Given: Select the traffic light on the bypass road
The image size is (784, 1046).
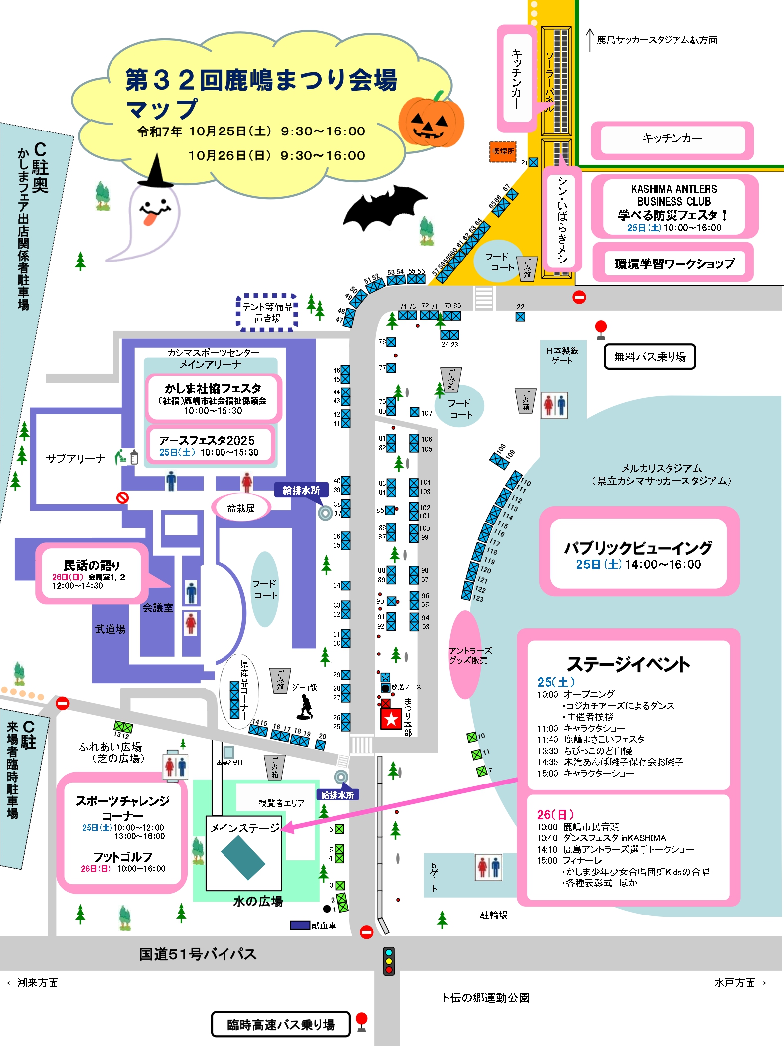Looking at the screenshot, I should click(x=389, y=961).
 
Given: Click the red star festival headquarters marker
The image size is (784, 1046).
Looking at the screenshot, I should click(x=391, y=719).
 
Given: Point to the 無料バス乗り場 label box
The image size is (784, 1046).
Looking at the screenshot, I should click(x=650, y=357).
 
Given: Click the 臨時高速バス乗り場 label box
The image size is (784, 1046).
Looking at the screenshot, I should click(x=281, y=1024).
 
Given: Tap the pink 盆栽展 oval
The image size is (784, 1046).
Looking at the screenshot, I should click(x=241, y=508).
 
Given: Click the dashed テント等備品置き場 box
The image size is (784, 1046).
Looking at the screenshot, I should click(x=267, y=313).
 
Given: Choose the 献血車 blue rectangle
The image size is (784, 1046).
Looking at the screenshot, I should click(x=300, y=925).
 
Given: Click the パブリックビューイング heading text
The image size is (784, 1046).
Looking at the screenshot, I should click(x=638, y=548).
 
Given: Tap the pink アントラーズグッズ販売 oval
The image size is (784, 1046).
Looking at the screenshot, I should click(x=466, y=655).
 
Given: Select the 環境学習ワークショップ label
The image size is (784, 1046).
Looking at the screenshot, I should click(x=674, y=263).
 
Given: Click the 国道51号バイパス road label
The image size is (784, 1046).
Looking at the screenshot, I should click(x=198, y=954).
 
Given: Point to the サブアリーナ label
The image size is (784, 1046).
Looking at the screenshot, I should click(x=76, y=459).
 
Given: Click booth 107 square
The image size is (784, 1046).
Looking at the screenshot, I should click(x=414, y=412).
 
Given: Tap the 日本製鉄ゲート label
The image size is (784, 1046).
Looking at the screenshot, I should click(x=562, y=355).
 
